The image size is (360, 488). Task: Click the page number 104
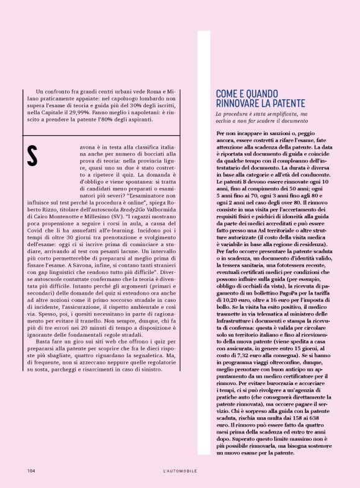coord(30,471)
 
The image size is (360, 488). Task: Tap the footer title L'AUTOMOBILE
coord(180,471)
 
